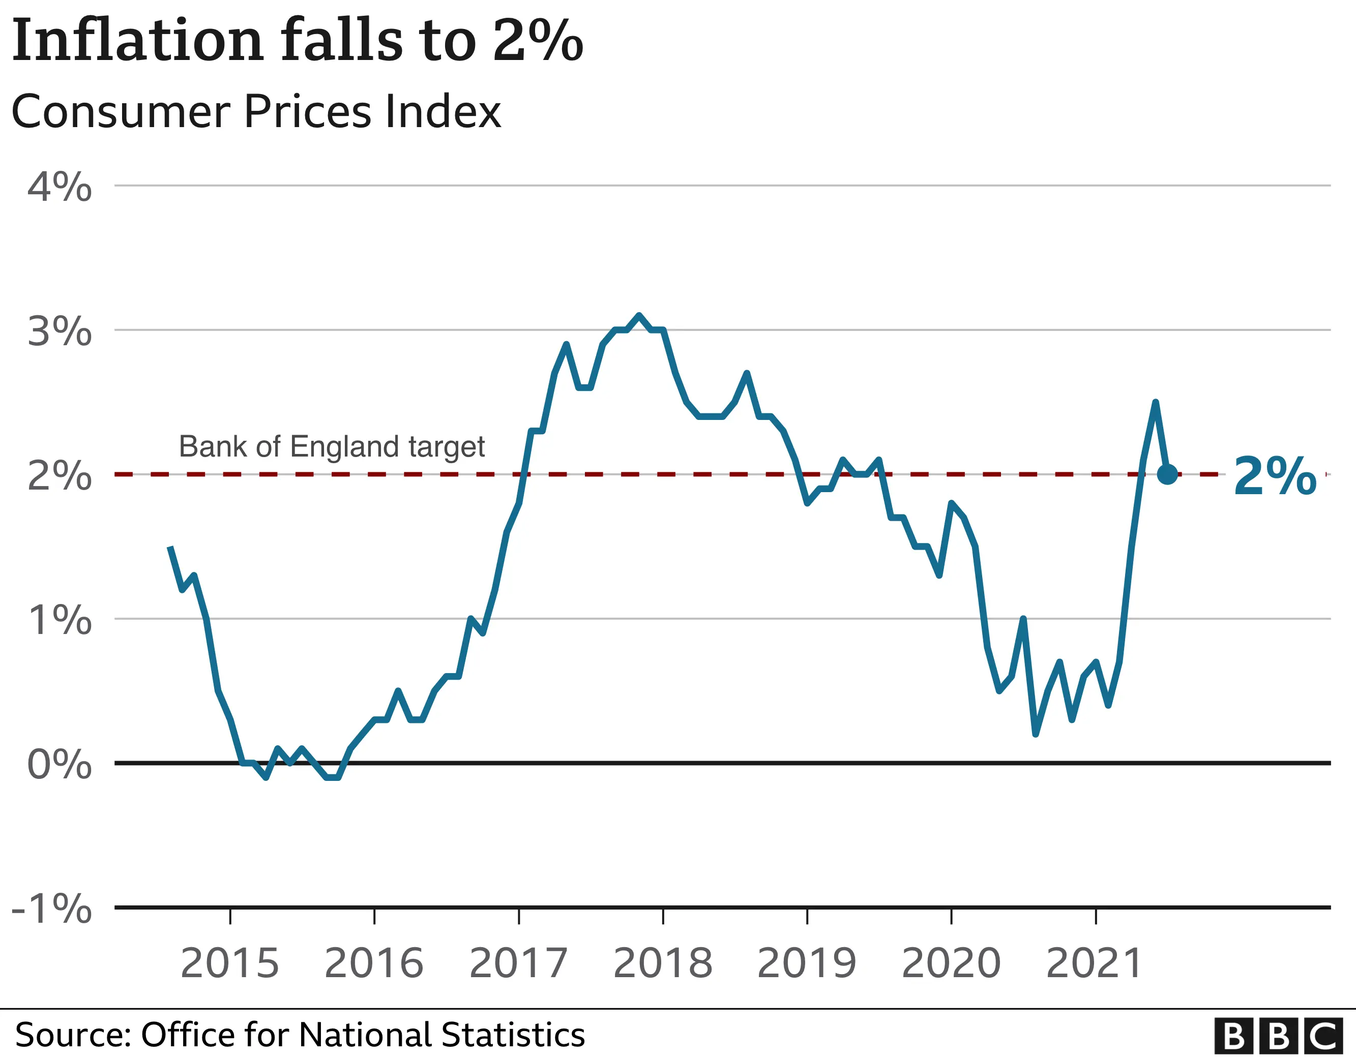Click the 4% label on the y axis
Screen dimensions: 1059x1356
pyautogui.click(x=60, y=186)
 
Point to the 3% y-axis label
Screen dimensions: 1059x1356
pyautogui.click(x=60, y=331)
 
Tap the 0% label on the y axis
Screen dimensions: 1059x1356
pyautogui.click(x=60, y=764)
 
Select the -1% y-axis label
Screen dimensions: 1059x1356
pyautogui.click(x=52, y=908)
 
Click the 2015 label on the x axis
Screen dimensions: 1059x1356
pyautogui.click(x=230, y=963)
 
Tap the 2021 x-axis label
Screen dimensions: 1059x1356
pyautogui.click(x=1094, y=963)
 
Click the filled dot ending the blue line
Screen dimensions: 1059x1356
pyautogui.click(x=1167, y=474)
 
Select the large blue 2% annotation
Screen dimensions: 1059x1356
pyautogui.click(x=1275, y=475)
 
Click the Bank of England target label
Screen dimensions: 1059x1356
pyautogui.click(x=332, y=446)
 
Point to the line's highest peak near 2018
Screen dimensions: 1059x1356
pyautogui.click(x=639, y=315)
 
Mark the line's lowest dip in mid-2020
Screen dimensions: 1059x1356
pyautogui.click(x=1036, y=734)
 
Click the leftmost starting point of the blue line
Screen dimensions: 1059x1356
pyautogui.click(x=170, y=547)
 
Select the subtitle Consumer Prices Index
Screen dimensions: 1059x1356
pyautogui.click(x=256, y=112)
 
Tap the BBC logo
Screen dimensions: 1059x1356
pyautogui.click(x=1283, y=1036)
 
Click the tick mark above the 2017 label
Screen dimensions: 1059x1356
pyautogui.click(x=519, y=916)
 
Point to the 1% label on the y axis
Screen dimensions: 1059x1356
pyautogui.click(x=60, y=620)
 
